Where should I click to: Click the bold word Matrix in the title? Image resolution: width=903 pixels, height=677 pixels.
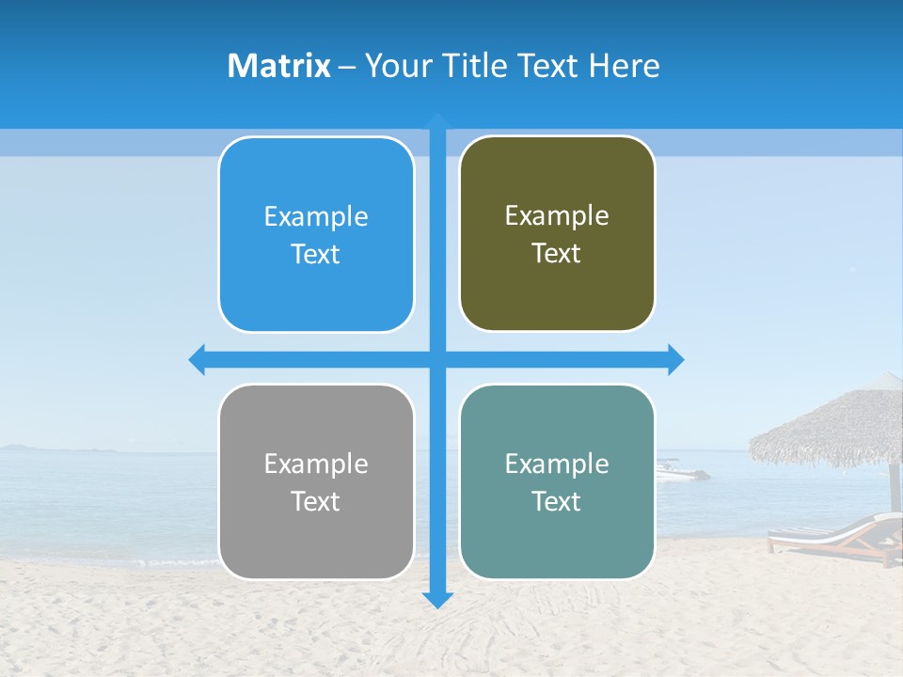click(279, 66)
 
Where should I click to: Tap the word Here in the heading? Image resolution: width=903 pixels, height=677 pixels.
click(624, 66)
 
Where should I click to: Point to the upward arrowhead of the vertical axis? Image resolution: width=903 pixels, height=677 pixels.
click(437, 120)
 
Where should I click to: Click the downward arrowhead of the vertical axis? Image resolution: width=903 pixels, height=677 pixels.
click(437, 600)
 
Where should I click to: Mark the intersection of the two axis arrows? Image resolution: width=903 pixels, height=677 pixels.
click(437, 359)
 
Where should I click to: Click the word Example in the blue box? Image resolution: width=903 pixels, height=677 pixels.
click(316, 217)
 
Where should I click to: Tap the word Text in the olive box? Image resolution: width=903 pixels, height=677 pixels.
click(557, 254)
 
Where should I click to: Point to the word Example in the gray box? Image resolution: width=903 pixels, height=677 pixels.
click(316, 464)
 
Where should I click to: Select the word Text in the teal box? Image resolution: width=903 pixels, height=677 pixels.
click(557, 501)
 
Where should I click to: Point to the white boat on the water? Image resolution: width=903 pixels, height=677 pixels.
click(679, 471)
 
